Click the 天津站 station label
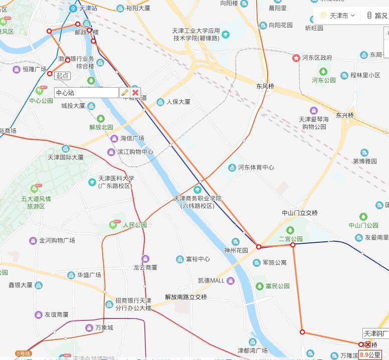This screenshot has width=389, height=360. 88,9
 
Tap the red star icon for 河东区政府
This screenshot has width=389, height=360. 296,58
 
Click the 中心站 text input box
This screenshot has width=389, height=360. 86,93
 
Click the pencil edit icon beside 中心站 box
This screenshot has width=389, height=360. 125,93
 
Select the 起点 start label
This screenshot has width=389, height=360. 63,76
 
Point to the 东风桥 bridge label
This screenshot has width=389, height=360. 265,86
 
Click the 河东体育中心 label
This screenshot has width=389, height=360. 256,168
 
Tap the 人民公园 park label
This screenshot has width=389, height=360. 135,225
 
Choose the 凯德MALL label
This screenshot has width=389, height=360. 211,280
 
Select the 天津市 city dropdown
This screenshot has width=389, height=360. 338,16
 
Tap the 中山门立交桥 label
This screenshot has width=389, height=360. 300,213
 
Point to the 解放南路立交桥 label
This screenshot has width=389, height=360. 186,297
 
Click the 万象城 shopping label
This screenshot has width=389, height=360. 104,328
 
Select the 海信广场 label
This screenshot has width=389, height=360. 132,138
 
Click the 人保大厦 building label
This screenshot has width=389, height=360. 178,102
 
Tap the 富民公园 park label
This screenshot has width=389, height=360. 277,286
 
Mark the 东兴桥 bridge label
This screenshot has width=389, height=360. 345,115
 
